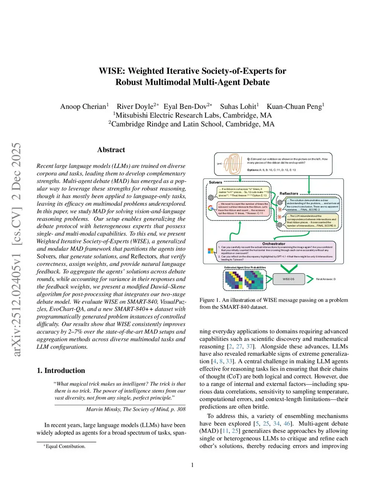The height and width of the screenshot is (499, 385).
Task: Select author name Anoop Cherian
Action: pyautogui.click(x=84, y=107)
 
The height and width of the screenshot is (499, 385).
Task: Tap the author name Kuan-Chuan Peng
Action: pyautogui.click(x=294, y=107)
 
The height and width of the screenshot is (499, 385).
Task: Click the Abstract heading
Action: pyautogui.click(x=111, y=150)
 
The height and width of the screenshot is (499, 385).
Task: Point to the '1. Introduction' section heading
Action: pyautogui.click(x=61, y=371)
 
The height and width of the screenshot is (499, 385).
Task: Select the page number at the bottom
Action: pyautogui.click(x=192, y=465)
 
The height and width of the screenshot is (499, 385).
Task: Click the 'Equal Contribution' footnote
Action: pyautogui.click(x=65, y=447)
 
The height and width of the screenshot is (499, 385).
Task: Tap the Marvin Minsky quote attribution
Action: pyautogui.click(x=135, y=409)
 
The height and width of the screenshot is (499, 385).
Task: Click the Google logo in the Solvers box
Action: pyautogui.click(x=211, y=208)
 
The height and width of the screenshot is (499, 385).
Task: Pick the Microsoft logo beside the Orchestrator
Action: pyautogui.click(x=211, y=251)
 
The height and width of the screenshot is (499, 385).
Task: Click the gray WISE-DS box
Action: pyautogui.click(x=288, y=279)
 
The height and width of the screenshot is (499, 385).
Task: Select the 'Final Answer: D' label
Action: pyautogui.click(x=326, y=279)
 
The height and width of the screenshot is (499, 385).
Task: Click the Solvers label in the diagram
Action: pyautogui.click(x=215, y=182)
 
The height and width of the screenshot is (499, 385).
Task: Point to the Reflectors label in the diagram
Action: pyautogui.click(x=289, y=194)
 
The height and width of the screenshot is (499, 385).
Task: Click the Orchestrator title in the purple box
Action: pyautogui.click(x=274, y=244)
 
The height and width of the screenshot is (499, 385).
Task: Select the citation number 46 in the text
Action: pyautogui.click(x=287, y=424)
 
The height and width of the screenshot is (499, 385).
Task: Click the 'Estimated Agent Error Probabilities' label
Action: pyautogui.click(x=245, y=267)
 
